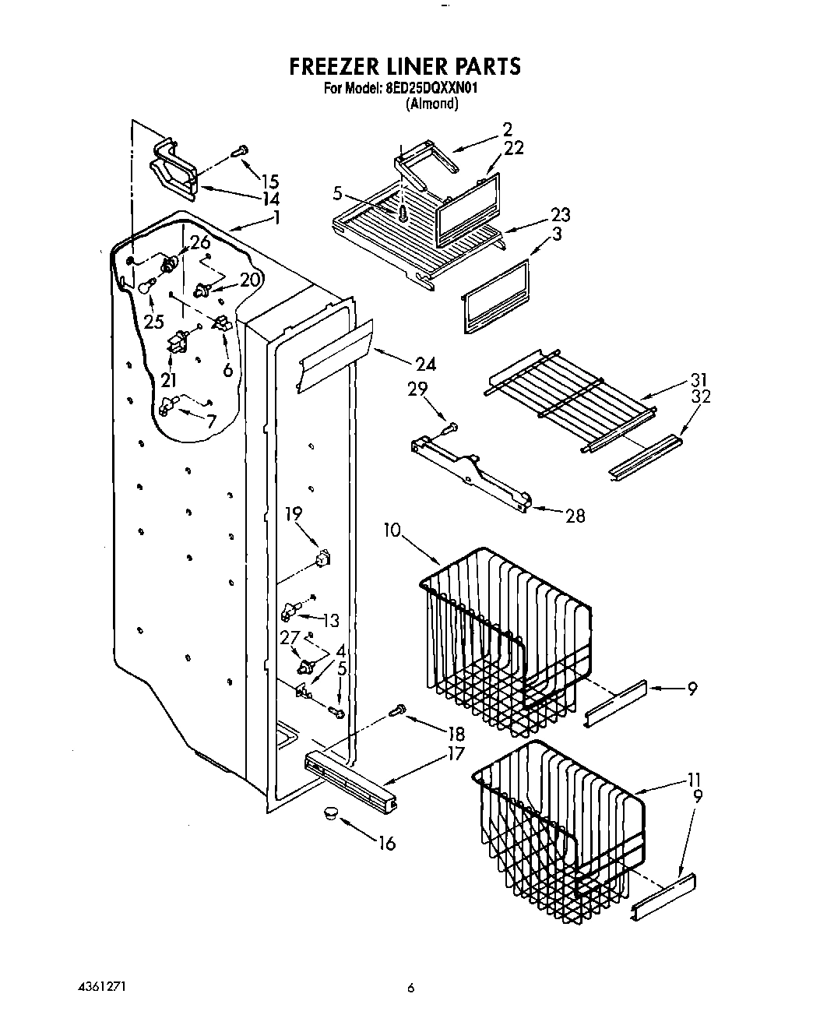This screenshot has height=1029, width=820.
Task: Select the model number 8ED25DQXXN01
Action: pos(431,89)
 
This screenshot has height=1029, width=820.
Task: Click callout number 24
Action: pos(425,364)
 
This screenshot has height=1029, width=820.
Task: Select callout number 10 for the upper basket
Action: pos(392,530)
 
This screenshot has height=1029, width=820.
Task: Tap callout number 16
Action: pos(386,842)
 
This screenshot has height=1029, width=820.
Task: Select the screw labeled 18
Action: pos(398,709)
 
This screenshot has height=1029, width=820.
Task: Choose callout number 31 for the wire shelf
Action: pos(699,381)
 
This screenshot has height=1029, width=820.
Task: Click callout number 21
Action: pos(168,380)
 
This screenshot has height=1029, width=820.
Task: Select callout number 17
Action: pos(456,753)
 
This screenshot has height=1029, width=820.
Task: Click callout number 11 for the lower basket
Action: pos(695,780)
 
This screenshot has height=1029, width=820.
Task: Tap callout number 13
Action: pos(331,620)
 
